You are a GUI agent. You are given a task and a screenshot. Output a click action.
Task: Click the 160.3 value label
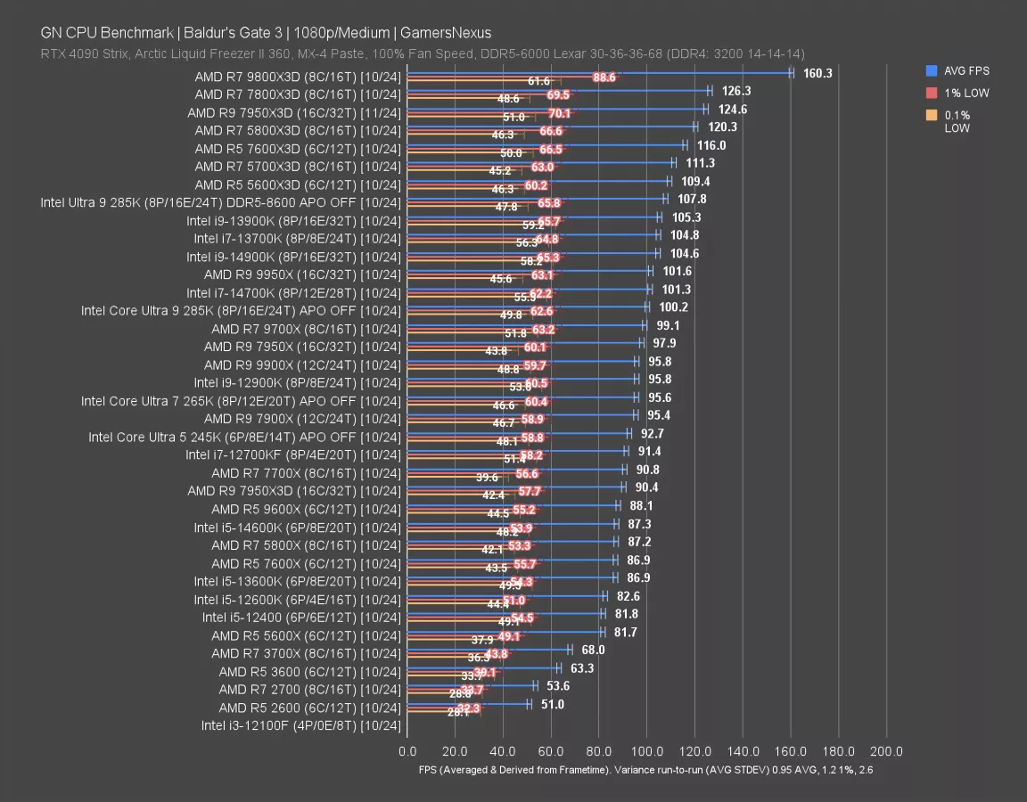pyautogui.click(x=817, y=73)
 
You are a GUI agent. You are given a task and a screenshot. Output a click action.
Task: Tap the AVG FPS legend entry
pyautogui.click(x=966, y=71)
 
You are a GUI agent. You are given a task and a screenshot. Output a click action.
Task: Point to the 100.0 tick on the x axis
pyautogui.click(x=646, y=750)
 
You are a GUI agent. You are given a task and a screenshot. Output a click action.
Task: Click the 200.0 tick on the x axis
pyautogui.click(x=885, y=750)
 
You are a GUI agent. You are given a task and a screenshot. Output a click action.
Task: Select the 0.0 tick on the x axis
pyautogui.click(x=407, y=750)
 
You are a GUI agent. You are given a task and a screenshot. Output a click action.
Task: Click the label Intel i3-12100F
pyautogui.click(x=302, y=725)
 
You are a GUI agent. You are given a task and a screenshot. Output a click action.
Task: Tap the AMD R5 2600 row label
pyautogui.click(x=310, y=708)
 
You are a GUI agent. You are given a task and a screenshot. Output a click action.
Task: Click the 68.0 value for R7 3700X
pyautogui.click(x=593, y=650)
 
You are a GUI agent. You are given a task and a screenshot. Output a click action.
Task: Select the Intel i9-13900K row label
pyautogui.click(x=294, y=220)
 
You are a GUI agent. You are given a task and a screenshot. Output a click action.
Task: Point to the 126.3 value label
pyautogui.click(x=735, y=91)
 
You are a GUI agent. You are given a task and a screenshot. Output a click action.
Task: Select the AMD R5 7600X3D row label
pyautogui.click(x=298, y=148)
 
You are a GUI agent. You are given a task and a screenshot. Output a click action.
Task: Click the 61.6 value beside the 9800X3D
pyautogui.click(x=538, y=82)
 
